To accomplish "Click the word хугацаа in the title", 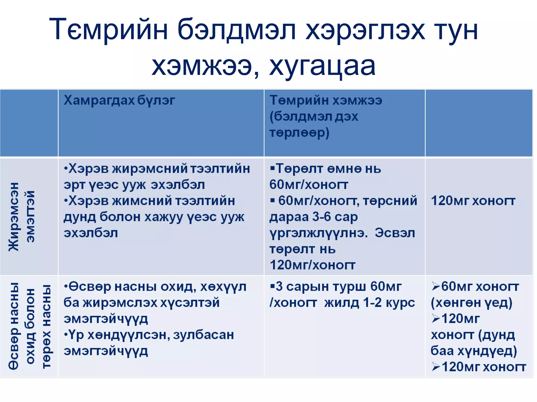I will (x=322, y=66).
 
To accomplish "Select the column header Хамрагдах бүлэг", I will (x=119, y=100).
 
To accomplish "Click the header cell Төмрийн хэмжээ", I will (x=326, y=100).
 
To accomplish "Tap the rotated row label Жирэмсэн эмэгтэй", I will (x=22, y=216).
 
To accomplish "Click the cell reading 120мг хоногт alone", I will (x=473, y=201).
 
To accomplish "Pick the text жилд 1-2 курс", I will (x=369, y=303).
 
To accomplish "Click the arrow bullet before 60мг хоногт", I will (x=436, y=287).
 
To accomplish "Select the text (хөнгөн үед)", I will (x=471, y=303).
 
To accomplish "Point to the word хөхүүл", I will (x=223, y=287).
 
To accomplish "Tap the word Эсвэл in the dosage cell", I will (x=395, y=233).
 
